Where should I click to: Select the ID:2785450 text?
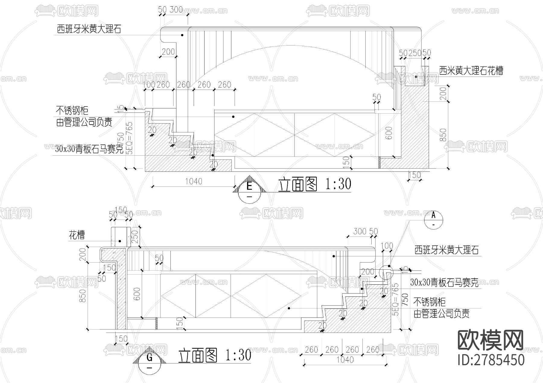click(x=491, y=360)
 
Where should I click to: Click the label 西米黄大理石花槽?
click(x=471, y=71)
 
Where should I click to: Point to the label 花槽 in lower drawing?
click(x=77, y=235)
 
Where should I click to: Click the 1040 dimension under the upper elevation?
click(x=194, y=181)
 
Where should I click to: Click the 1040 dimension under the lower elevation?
click(x=345, y=359)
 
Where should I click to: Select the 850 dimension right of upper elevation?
click(x=443, y=135)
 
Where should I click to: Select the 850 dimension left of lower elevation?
click(x=82, y=296)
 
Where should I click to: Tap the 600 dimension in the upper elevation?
click(x=389, y=133)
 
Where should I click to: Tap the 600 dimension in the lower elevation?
click(x=137, y=294)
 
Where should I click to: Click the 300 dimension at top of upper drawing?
click(x=176, y=10)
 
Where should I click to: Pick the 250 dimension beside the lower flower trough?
click(x=135, y=237)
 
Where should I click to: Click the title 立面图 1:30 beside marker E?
click(x=314, y=184)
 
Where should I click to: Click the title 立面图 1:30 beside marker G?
click(x=214, y=355)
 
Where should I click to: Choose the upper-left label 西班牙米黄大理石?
click(x=89, y=29)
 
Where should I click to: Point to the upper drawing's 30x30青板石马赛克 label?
click(x=89, y=149)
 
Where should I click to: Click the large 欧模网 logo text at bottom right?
click(x=491, y=340)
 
